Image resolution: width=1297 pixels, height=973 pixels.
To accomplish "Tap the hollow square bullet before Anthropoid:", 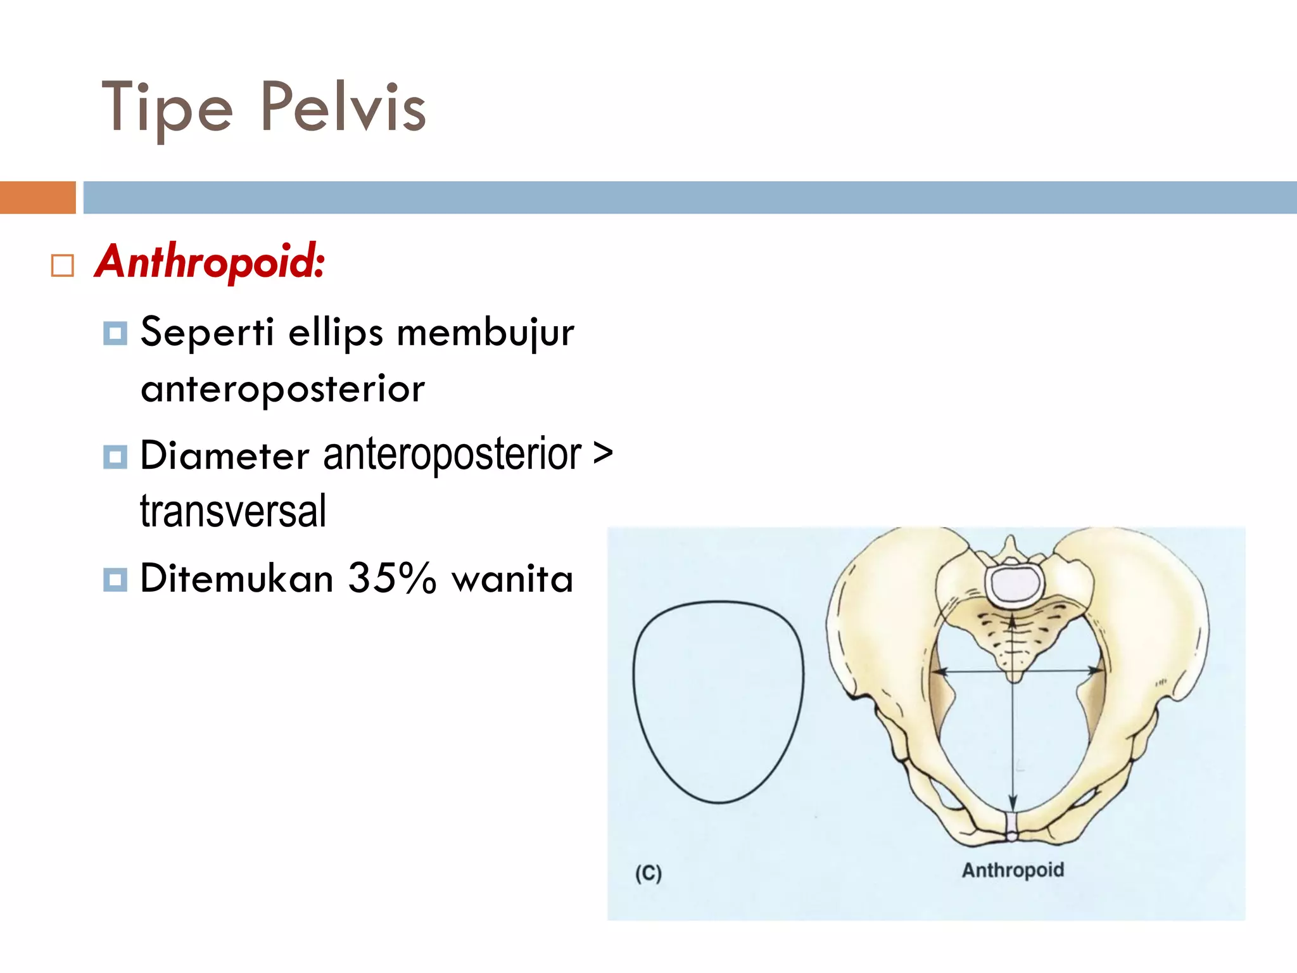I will pos(62,265).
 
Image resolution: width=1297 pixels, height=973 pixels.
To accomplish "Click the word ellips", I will pos(336,333).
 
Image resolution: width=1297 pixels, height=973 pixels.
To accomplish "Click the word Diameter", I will pos(224,455).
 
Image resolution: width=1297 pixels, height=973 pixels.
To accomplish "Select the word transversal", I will pos(233,511).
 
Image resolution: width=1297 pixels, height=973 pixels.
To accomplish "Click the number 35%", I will pos(392,578).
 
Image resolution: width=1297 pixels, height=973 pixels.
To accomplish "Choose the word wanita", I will pos(512,579).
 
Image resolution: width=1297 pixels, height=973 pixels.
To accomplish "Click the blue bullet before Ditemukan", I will pos(115,579).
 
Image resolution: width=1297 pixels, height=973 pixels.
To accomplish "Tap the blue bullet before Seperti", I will pos(115,333).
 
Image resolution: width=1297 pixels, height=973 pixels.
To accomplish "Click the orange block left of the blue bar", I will pos(37,197).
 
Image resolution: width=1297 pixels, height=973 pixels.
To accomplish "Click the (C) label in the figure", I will pos(648,874).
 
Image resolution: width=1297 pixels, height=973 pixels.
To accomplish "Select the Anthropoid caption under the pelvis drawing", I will pos(1013,870).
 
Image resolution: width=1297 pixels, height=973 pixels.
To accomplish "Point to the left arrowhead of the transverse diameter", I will pos(939,671).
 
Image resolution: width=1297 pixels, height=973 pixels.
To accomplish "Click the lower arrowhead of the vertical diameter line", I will pos(1013,804).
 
